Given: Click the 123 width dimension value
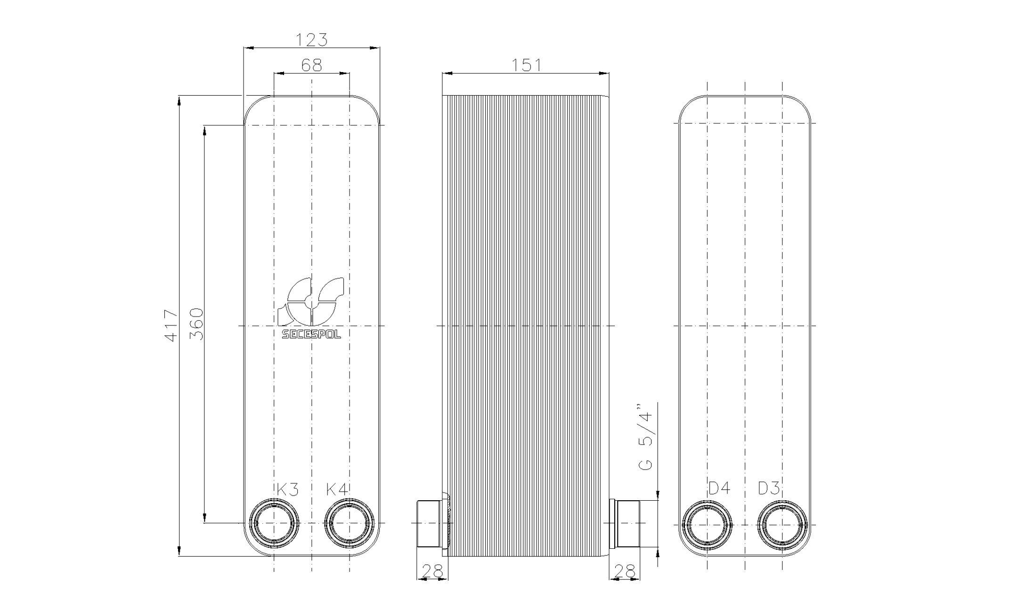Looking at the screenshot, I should [x=311, y=40].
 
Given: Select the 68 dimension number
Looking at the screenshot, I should [x=311, y=65].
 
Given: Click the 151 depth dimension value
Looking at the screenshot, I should [x=526, y=65].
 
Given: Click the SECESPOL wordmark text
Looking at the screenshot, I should [x=311, y=334].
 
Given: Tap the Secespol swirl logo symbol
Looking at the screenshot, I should [x=311, y=301].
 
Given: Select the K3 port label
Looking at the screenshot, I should [x=287, y=489].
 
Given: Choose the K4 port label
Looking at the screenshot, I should [x=337, y=489].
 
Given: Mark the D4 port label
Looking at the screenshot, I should [x=719, y=488].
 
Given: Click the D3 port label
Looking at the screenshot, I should [x=769, y=488].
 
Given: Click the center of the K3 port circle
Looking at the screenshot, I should [x=274, y=523].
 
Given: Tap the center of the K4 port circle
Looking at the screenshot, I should [x=349, y=523].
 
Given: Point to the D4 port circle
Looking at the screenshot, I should [x=708, y=525].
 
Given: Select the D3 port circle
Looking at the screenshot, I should [x=782, y=525].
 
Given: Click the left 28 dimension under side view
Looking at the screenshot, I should [x=432, y=571].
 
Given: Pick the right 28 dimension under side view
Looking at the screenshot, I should [x=625, y=571].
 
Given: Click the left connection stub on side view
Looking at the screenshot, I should [x=430, y=523].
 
